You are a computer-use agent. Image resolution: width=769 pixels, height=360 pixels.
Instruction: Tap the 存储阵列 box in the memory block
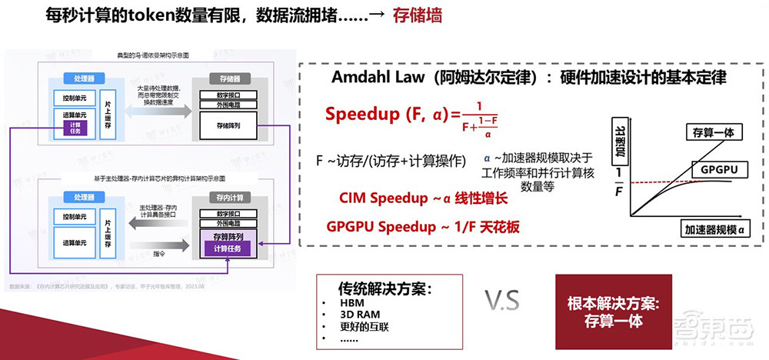click(x=228, y=125)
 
